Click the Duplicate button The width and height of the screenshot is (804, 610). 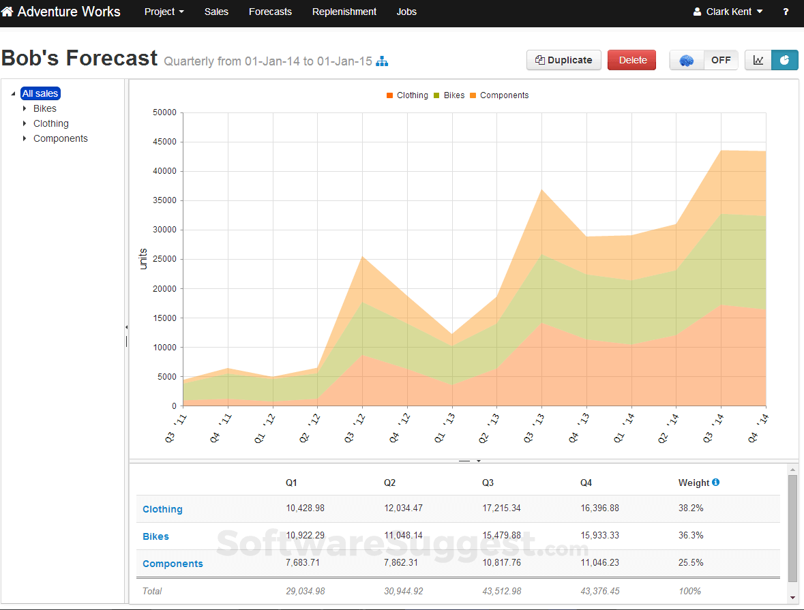[564, 60]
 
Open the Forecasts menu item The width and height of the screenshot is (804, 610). [270, 12]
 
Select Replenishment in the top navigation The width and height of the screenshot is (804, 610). [344, 12]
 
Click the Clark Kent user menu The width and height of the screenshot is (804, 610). [728, 12]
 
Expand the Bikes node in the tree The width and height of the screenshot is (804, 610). [25, 108]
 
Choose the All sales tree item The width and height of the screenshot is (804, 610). [40, 93]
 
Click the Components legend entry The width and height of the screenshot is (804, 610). [504, 95]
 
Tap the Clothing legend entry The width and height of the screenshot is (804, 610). [412, 95]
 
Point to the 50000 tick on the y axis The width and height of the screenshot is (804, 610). [165, 112]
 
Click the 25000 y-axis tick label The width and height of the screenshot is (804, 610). [165, 259]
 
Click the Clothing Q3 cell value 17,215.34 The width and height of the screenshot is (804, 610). [501, 508]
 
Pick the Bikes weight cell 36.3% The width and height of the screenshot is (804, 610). [691, 536]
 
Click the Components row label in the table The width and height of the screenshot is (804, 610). [173, 564]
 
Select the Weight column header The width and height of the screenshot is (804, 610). [694, 483]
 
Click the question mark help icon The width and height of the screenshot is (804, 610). [786, 12]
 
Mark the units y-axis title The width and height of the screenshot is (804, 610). [143, 259]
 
